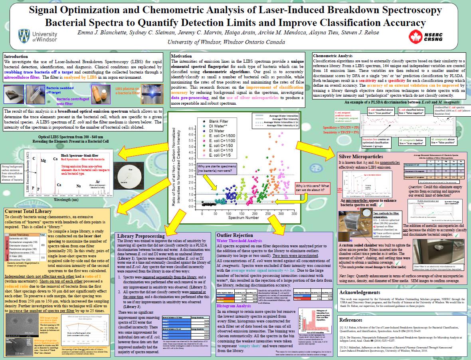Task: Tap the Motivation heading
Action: click(181, 56)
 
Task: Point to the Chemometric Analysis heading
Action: click(332, 56)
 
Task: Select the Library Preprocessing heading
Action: click(141, 236)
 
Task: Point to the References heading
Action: click(351, 320)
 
